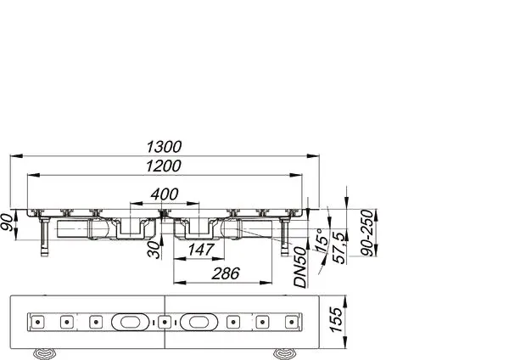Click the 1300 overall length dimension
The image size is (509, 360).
click(170, 147)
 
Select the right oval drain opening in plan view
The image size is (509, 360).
click(196, 322)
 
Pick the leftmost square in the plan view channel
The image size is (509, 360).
click(37, 322)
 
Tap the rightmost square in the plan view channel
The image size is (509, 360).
click(292, 322)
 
